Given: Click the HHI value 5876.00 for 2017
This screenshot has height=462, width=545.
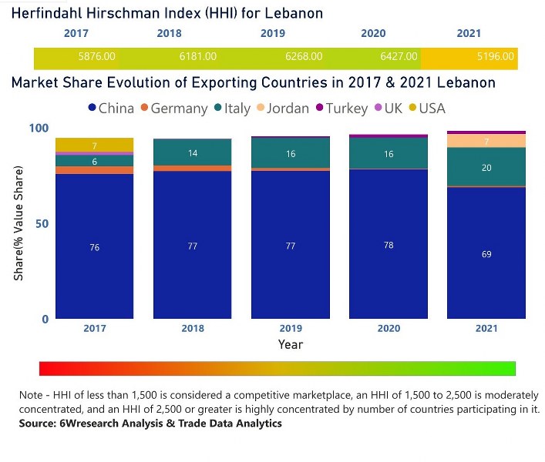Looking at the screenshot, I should click(x=96, y=56).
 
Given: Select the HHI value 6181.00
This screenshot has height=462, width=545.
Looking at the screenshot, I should click(x=197, y=56).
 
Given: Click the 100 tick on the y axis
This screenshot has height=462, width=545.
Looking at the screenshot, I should click(x=39, y=129).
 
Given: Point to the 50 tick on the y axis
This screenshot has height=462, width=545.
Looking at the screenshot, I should click(x=43, y=223).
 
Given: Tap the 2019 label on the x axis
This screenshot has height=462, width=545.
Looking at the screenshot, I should click(x=291, y=329).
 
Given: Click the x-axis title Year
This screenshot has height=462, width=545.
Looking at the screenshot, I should click(x=291, y=344).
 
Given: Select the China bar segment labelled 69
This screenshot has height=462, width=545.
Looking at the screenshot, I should click(x=486, y=254).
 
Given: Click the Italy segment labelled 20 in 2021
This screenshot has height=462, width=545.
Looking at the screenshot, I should click(x=486, y=167).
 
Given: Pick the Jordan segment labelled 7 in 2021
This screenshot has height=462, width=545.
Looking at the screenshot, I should click(x=486, y=141).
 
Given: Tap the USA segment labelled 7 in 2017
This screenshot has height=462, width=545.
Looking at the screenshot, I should click(x=94, y=146).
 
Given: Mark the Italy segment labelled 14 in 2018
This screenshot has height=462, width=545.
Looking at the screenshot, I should click(x=192, y=153).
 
